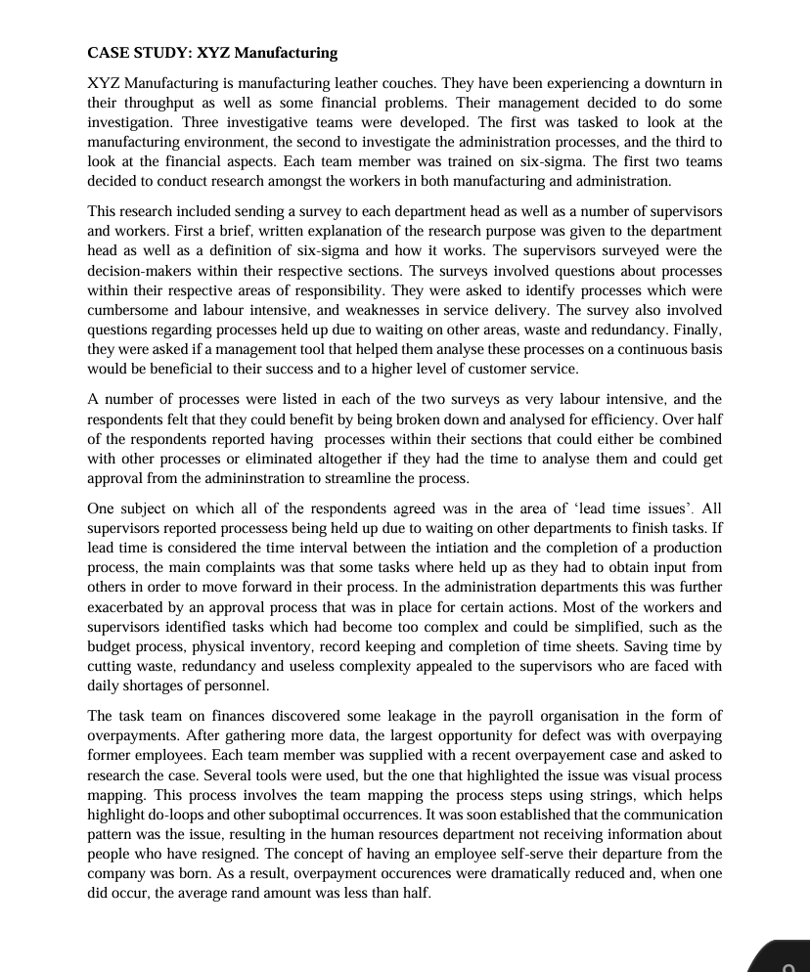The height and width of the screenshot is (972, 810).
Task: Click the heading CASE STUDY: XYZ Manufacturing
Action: [212, 53]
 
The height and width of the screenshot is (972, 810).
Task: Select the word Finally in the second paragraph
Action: [697, 330]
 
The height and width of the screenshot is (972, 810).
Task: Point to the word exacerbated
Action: [128, 606]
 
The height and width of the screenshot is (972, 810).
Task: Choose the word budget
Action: [112, 646]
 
